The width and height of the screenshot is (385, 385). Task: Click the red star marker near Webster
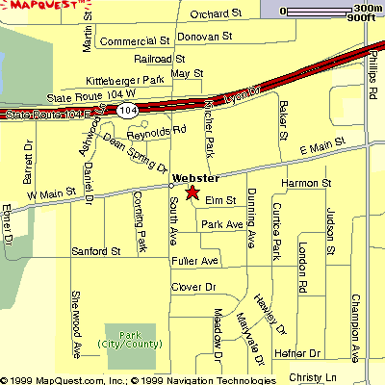[192, 192]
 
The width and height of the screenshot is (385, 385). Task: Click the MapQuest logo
[41, 8]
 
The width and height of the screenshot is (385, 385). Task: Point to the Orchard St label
[216, 14]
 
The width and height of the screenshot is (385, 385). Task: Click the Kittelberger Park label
[126, 80]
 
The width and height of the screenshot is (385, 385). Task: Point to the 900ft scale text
[361, 18]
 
